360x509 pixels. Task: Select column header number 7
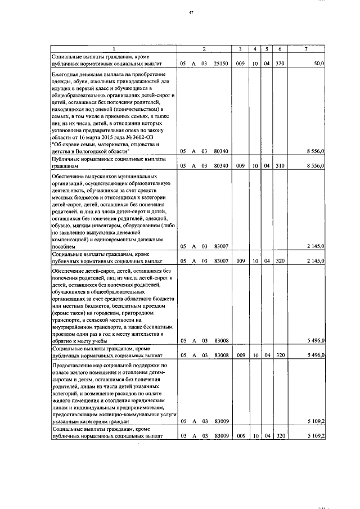(x=306, y=49)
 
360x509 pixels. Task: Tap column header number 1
(x=114, y=49)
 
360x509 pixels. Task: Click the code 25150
(x=220, y=65)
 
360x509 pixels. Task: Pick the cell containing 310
(x=280, y=166)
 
